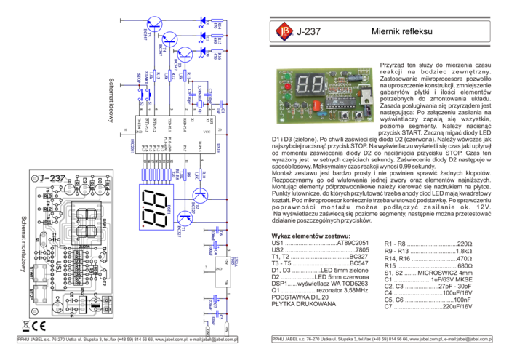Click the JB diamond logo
(x=284, y=31)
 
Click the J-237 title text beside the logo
(x=308, y=31)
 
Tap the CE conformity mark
(x=40, y=326)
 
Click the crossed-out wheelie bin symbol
(x=25, y=326)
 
